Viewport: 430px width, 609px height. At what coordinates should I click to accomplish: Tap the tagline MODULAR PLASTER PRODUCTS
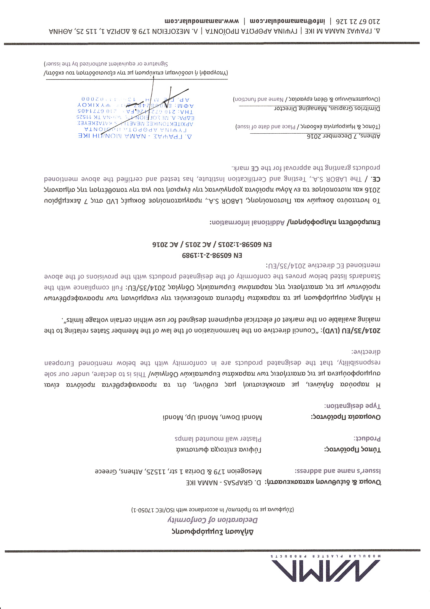coord(326,556)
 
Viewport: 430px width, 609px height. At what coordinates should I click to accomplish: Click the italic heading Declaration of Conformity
coord(213,520)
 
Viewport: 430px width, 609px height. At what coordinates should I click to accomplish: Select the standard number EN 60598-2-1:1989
coord(212,256)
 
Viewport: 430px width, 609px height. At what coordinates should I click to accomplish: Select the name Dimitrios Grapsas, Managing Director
coord(327,108)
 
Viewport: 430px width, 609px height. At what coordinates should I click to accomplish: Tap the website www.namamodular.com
coord(202,21)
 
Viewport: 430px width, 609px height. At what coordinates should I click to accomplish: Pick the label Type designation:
coord(352,406)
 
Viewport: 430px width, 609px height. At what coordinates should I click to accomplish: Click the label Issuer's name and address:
coord(338,471)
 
